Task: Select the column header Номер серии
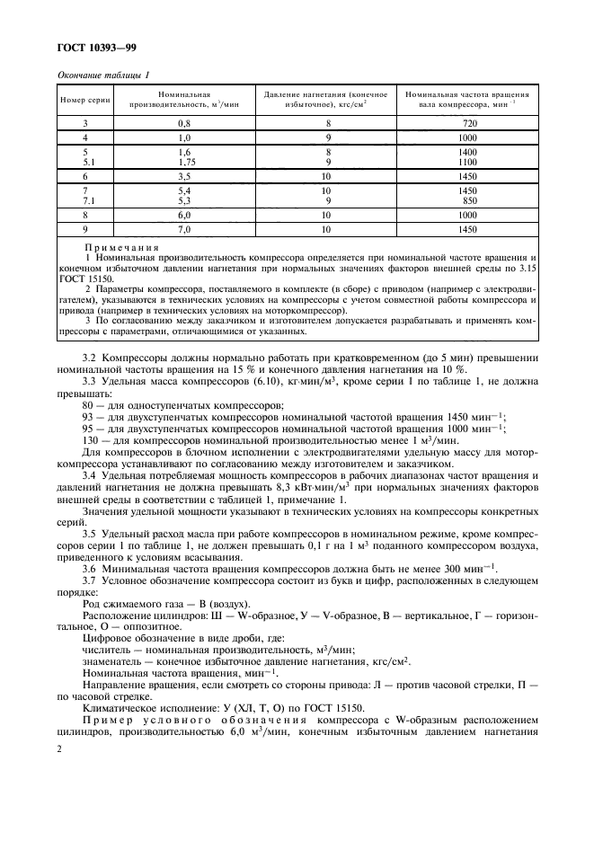tap(84, 100)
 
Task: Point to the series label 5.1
tap(87, 163)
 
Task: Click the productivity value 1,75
tap(186, 163)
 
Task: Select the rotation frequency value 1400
tap(466, 153)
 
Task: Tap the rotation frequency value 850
tap(468, 202)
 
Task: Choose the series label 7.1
tap(87, 202)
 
